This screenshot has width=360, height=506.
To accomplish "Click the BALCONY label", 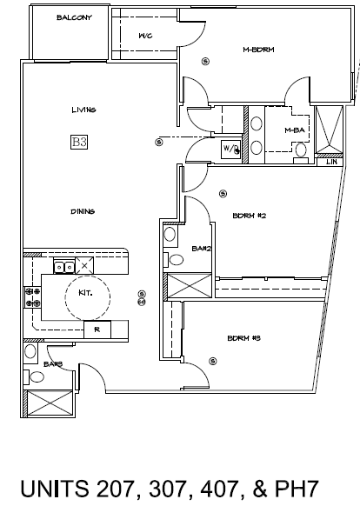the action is (x=74, y=17).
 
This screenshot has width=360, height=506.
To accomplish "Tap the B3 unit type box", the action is (x=79, y=142).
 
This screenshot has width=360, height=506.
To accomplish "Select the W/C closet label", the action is (x=145, y=36).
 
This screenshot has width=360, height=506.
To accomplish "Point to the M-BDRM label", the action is (x=258, y=50).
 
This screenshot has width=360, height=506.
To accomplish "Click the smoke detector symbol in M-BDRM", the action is (x=205, y=61).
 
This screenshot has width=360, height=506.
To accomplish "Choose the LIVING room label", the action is (x=83, y=110).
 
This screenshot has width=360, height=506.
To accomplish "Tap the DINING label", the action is (x=83, y=211).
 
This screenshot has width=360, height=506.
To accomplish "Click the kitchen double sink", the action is (x=64, y=267).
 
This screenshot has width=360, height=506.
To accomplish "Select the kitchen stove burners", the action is (x=33, y=297).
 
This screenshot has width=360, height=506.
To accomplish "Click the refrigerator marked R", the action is (x=97, y=330).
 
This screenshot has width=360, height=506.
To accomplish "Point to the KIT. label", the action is (x=85, y=293).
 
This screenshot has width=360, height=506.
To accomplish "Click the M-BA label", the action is (x=295, y=130).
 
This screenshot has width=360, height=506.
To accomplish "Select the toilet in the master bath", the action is (x=301, y=153).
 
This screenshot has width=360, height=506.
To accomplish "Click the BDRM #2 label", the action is (x=250, y=216).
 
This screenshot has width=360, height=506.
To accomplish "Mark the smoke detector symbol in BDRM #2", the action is (x=223, y=194).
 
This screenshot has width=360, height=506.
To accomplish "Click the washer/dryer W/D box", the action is (x=230, y=149).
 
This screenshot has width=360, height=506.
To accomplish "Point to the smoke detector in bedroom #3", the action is (x=213, y=361).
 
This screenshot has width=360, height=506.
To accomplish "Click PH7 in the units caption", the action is (x=297, y=489).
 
